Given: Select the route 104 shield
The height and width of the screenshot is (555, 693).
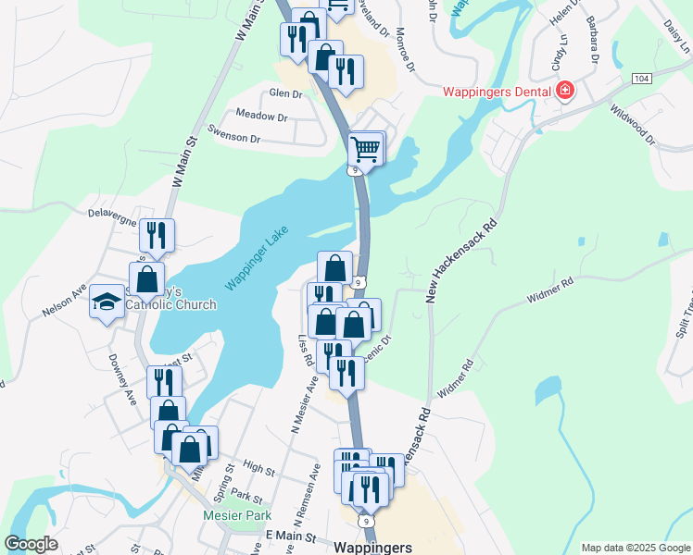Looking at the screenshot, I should click(x=641, y=79).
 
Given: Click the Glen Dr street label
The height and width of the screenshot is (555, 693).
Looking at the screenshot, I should click(x=284, y=94).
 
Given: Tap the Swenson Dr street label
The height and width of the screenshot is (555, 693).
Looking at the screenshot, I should click(x=234, y=138).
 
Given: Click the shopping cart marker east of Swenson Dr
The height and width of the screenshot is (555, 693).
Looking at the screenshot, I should click(x=366, y=147).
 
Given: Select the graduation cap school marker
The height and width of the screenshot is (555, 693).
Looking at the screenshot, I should click(x=107, y=301).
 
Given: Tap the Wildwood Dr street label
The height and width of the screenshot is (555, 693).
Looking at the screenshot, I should click(x=633, y=124).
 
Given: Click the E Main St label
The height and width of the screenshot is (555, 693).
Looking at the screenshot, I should click(x=291, y=536).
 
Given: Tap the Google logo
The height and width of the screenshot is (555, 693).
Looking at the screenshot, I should click(x=31, y=544).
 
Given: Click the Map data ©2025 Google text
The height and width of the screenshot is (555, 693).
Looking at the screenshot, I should click(x=635, y=548).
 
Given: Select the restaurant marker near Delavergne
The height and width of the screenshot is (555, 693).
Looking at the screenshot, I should click(x=157, y=235).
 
